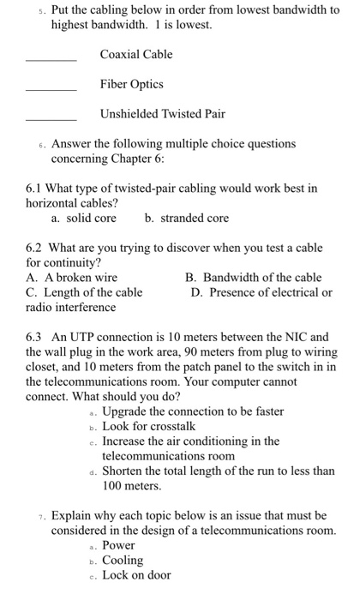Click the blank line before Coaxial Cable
[x=51, y=61]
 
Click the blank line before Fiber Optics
[x=51, y=91]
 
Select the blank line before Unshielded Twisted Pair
[x=51, y=119]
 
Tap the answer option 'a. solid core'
[x=84, y=219]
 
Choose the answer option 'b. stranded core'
[x=187, y=219]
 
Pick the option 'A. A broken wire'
[x=72, y=278]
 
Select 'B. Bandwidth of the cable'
[x=254, y=278]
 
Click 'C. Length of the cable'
[x=84, y=292]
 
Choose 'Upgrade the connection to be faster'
[x=192, y=411]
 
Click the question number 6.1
[x=35, y=188]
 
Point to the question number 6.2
[x=35, y=248]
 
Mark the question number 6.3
[x=35, y=337]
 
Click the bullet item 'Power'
[x=119, y=545]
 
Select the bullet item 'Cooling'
[x=123, y=560]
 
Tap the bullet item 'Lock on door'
[x=135, y=575]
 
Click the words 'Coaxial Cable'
[x=136, y=55]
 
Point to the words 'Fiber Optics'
[x=131, y=84]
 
